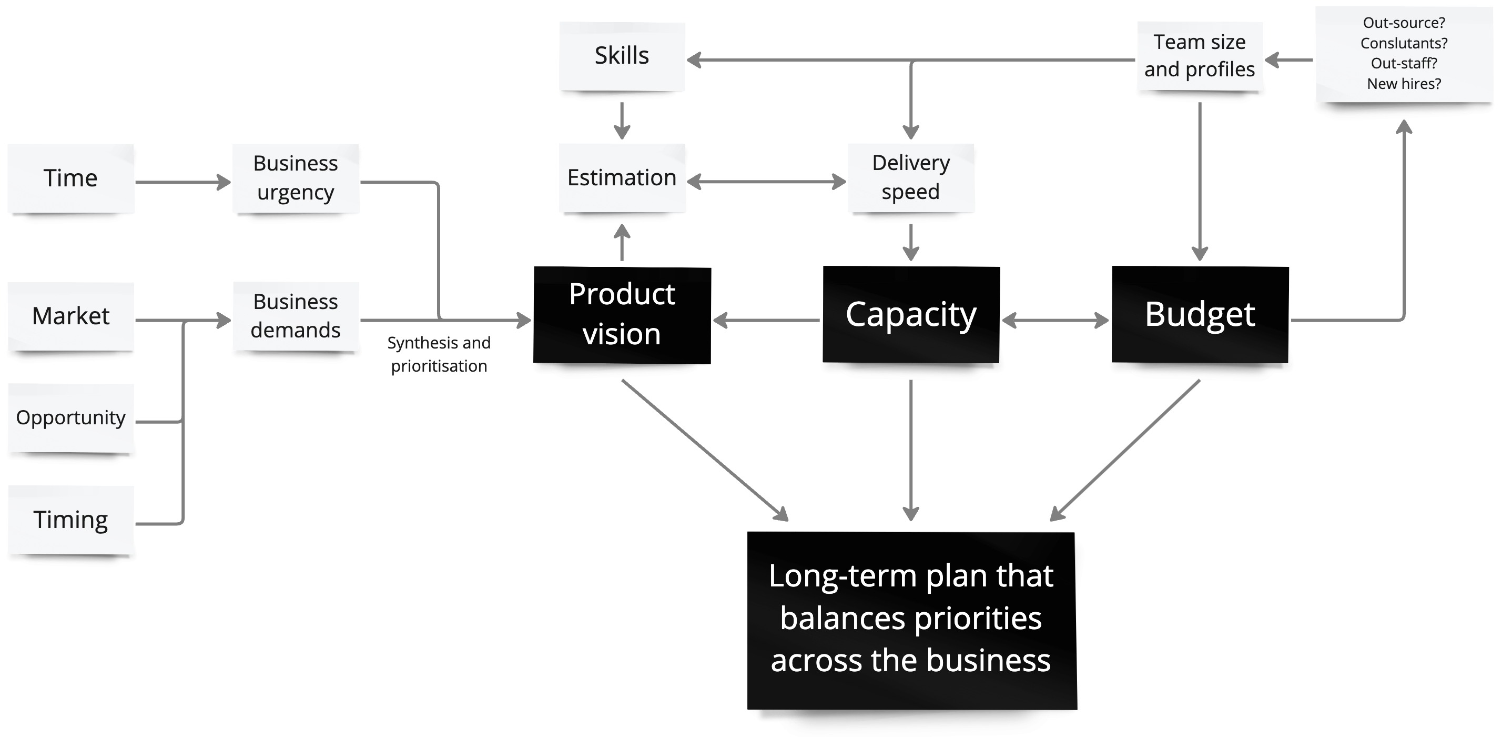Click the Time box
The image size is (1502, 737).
pyautogui.click(x=70, y=178)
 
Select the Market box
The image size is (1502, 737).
pyautogui.click(x=70, y=316)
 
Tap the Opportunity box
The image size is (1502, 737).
pyautogui.click(x=70, y=418)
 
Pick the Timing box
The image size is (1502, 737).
pyautogui.click(x=70, y=520)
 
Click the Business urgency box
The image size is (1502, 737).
pyautogui.click(x=296, y=178)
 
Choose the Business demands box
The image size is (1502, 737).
pyautogui.click(x=296, y=316)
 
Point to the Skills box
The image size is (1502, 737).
pyautogui.click(x=622, y=56)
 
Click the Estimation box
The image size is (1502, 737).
pyautogui.click(x=622, y=177)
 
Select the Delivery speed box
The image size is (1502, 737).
pyautogui.click(x=910, y=177)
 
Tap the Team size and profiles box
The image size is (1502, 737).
pyautogui.click(x=1200, y=56)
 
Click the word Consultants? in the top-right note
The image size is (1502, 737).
pyautogui.click(x=1404, y=43)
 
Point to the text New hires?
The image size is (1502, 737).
pyautogui.click(x=1404, y=84)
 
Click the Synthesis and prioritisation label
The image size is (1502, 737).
pyautogui.click(x=439, y=354)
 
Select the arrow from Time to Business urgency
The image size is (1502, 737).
pyautogui.click(x=182, y=182)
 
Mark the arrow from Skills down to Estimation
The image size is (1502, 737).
pyautogui.click(x=622, y=120)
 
